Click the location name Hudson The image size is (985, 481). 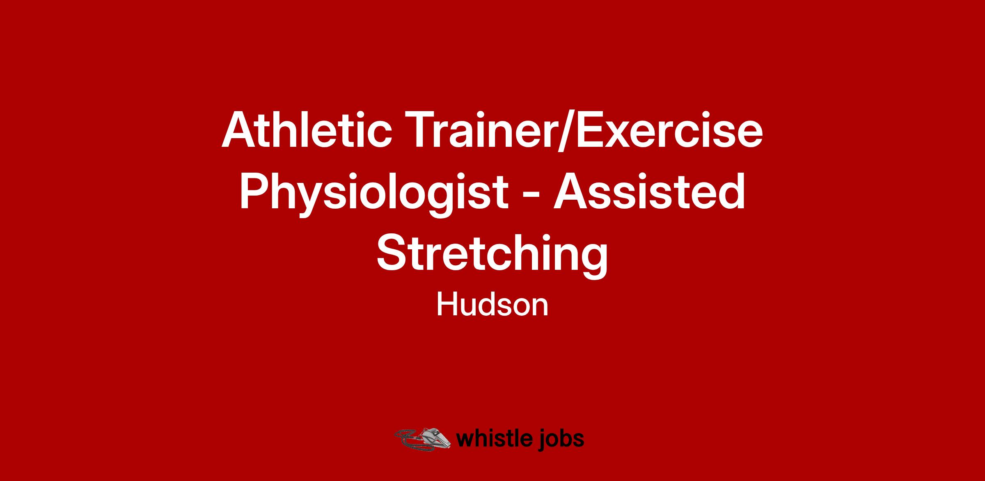pos(492,305)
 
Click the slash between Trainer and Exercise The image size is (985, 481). pos(564,129)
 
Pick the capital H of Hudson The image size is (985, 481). pos(448,305)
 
